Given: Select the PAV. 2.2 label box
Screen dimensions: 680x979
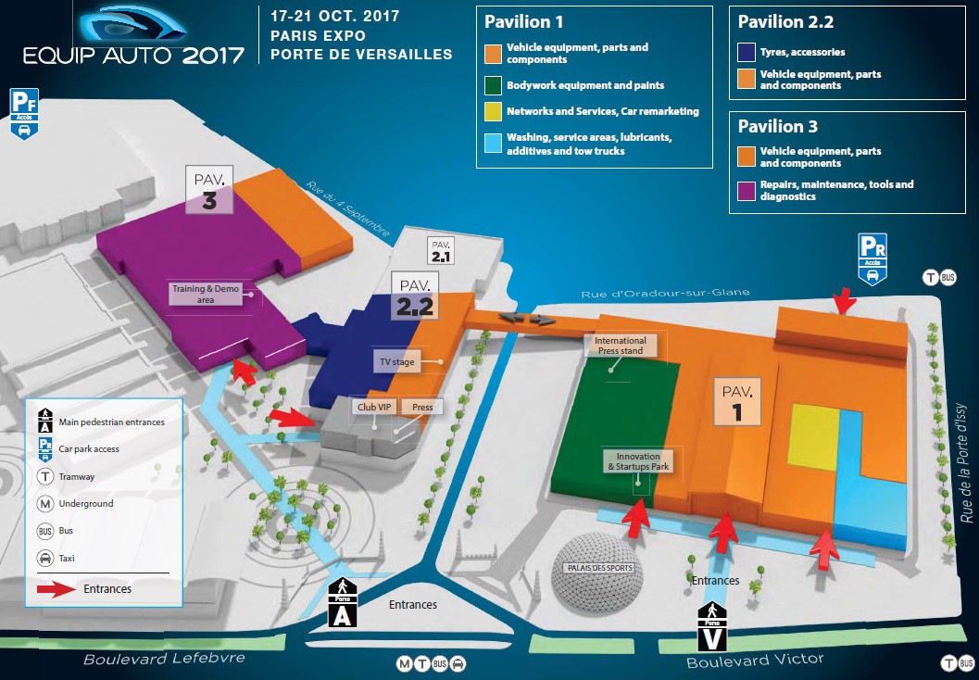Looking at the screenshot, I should (413, 295).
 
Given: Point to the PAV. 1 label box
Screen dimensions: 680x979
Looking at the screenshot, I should (737, 400).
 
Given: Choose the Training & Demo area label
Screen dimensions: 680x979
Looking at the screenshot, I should (205, 295).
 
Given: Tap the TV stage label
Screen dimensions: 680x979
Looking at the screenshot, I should (397, 361).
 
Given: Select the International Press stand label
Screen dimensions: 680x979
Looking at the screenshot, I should (620, 346).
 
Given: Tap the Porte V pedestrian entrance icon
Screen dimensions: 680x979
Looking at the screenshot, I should (710, 626).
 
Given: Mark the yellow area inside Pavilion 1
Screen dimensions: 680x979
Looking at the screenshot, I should (813, 436).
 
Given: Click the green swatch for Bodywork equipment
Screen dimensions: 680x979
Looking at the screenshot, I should (492, 86).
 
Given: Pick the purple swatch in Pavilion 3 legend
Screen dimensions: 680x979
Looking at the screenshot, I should (746, 190).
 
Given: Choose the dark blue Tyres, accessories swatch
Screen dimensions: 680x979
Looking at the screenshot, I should (746, 53).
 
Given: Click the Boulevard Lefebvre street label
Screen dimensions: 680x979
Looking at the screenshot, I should (164, 659).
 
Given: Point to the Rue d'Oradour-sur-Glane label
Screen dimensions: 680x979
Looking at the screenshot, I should (665, 294).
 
